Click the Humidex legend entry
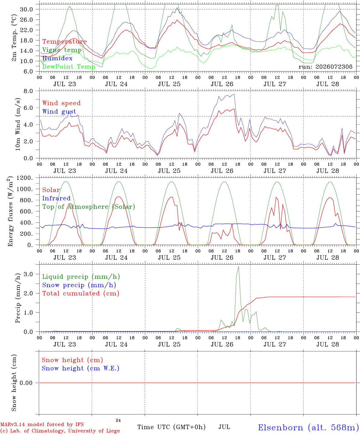[57, 58]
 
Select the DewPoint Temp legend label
[69, 67]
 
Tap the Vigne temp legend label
[62, 50]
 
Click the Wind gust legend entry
[59, 112]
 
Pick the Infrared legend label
[56, 198]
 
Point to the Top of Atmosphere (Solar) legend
[89, 207]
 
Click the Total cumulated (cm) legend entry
[81, 294]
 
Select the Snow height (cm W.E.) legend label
[81, 368]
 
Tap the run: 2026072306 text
[325, 67]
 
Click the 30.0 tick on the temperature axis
[27, 9]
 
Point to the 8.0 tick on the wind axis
[28, 91]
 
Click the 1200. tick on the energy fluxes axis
[25, 178]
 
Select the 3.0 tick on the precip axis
[28, 274]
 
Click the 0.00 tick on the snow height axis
[26, 383]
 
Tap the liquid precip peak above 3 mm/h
[238, 267]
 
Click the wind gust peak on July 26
[234, 94]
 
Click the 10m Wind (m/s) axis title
[18, 124]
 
